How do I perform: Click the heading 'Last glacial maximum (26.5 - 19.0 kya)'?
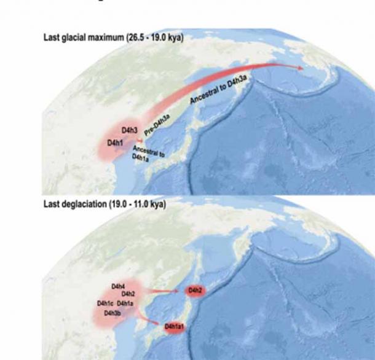(x=113, y=37)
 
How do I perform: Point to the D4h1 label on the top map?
(x=116, y=143)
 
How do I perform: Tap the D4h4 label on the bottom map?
(x=118, y=286)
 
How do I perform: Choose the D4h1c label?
(x=106, y=303)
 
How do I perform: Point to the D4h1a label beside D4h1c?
(x=125, y=303)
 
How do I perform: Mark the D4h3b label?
(x=112, y=313)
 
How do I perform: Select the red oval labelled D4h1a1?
(x=176, y=327)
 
